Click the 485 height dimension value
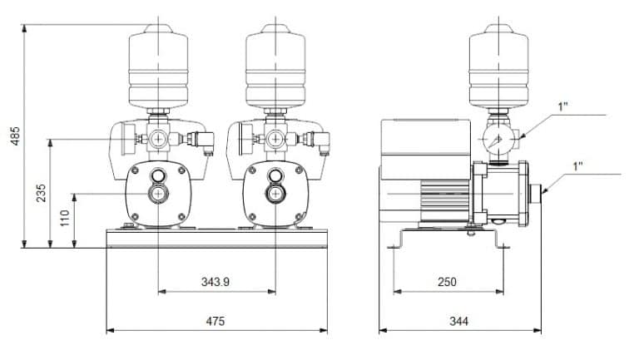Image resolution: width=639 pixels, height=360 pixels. tap(15, 136)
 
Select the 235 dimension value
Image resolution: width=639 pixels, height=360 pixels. tap(41, 193)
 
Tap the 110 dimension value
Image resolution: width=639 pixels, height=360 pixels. tap(65, 219)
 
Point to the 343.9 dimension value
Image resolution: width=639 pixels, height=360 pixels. tap(215, 282)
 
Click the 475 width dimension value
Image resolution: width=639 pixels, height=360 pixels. tap(215, 321)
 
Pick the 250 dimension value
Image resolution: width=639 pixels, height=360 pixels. tap(447, 282)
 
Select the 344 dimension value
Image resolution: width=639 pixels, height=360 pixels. tap(459, 321)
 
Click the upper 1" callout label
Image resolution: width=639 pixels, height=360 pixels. tap(563, 106)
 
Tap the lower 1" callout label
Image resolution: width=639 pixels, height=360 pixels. tap(578, 166)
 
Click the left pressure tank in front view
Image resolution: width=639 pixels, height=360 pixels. tap(159, 67)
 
